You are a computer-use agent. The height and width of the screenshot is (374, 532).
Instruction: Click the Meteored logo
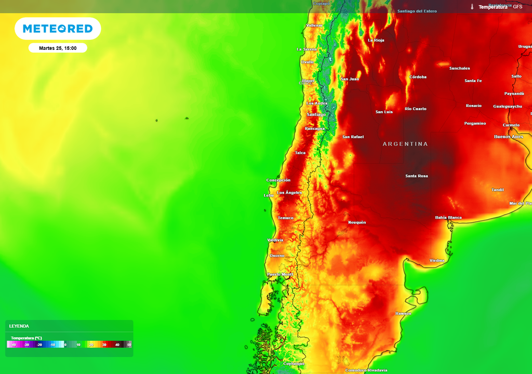(x=58, y=29)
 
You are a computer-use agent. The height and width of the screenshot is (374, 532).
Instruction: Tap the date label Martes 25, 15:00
(x=58, y=48)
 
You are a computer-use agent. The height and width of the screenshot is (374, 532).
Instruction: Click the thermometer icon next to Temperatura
(x=472, y=7)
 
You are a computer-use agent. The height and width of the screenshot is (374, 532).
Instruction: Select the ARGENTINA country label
(x=405, y=144)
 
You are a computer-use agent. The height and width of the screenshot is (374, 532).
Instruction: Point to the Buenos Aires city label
(x=509, y=137)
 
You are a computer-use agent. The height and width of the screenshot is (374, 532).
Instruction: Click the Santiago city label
(x=316, y=114)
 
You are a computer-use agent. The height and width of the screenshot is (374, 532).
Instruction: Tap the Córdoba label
(x=418, y=77)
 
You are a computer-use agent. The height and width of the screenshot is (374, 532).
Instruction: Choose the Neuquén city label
(x=357, y=222)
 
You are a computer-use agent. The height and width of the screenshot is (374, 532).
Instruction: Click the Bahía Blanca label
(x=448, y=218)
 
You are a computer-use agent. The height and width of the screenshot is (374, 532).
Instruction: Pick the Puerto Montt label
(x=280, y=274)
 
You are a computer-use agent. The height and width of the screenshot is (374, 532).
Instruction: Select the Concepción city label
(x=278, y=180)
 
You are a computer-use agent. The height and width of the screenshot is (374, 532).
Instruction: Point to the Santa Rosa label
(x=417, y=176)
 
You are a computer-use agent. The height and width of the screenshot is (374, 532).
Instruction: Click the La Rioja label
(x=376, y=40)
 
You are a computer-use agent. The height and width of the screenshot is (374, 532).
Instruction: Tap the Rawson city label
(x=403, y=314)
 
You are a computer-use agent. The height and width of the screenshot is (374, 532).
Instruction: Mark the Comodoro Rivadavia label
(x=366, y=370)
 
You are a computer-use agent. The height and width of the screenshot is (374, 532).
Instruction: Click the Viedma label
(x=437, y=260)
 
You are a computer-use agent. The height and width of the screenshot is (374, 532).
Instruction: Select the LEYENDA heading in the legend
(x=19, y=326)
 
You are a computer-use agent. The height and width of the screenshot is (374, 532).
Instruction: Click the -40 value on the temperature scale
(x=14, y=344)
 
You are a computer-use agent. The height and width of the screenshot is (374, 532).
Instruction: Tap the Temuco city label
(x=286, y=218)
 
